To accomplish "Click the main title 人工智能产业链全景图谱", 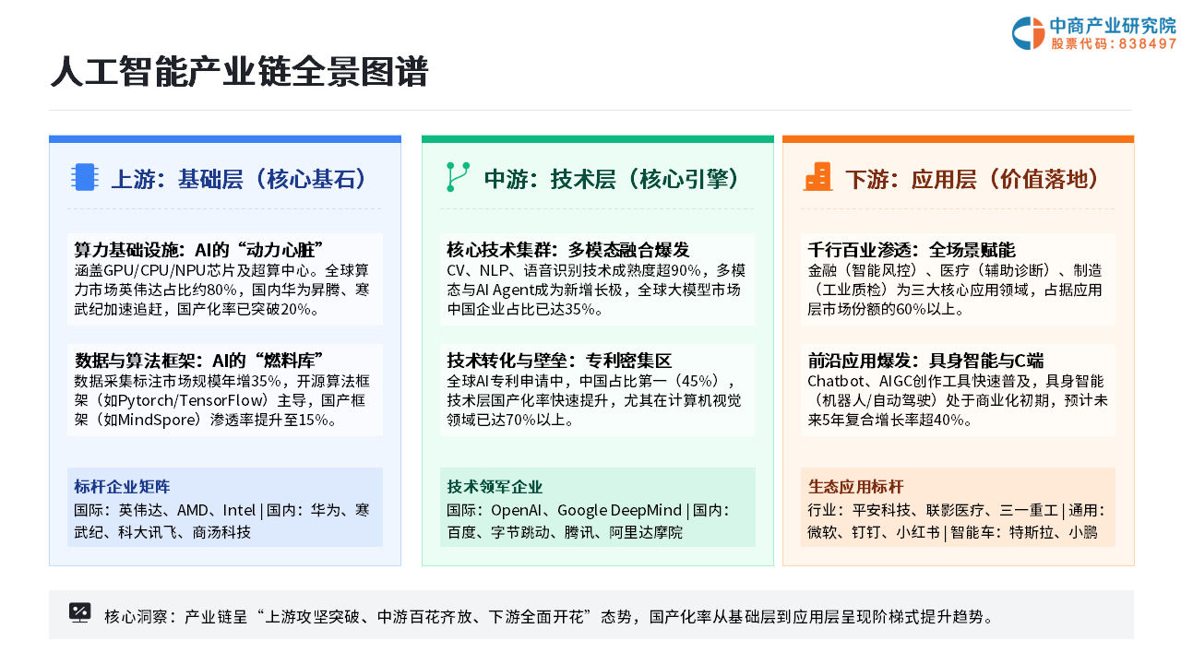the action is coord(239,72).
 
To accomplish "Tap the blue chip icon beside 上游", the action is coord(84,177).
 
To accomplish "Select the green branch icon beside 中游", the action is coord(458,177).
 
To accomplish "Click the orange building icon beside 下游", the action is coord(817,176).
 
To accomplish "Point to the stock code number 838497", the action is coord(1146,43).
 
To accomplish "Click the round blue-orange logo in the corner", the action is coord(1028,33).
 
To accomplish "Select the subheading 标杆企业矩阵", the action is coord(122,486).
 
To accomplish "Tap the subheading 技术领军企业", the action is coord(495,486).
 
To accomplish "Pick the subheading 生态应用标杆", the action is coord(855,486).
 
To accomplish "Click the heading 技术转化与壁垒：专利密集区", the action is coord(559,361).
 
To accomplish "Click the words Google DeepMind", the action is coord(619,510).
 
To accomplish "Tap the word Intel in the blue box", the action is coord(239,510).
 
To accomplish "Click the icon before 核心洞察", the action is coord(79,613).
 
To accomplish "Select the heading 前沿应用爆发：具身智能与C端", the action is coord(925,361).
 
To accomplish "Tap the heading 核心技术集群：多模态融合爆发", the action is coord(567,250).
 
